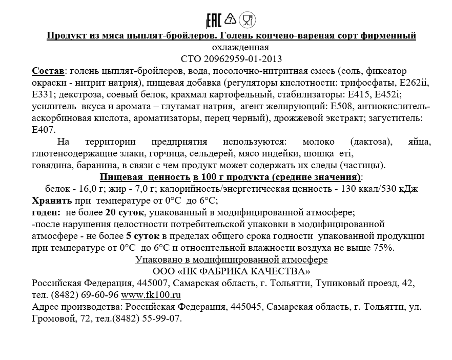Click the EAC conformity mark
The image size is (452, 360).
[x=214, y=21]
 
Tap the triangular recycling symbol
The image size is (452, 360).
[x=231, y=20]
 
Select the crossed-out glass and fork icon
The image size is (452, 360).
[x=248, y=21]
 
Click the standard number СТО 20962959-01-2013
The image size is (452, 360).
[x=231, y=58]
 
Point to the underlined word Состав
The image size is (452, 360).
[x=48, y=70]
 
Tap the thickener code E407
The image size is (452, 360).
[x=44, y=129]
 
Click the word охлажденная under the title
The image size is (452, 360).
[x=231, y=47]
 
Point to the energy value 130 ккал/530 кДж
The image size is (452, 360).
[x=376, y=189]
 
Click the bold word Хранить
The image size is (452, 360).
[x=52, y=200]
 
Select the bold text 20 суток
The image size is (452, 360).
[x=125, y=212]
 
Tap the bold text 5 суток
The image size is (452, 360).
[x=142, y=236]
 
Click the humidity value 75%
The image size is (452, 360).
[x=385, y=248]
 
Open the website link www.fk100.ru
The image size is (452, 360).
[x=151, y=295]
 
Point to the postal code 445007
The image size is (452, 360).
[x=154, y=283]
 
